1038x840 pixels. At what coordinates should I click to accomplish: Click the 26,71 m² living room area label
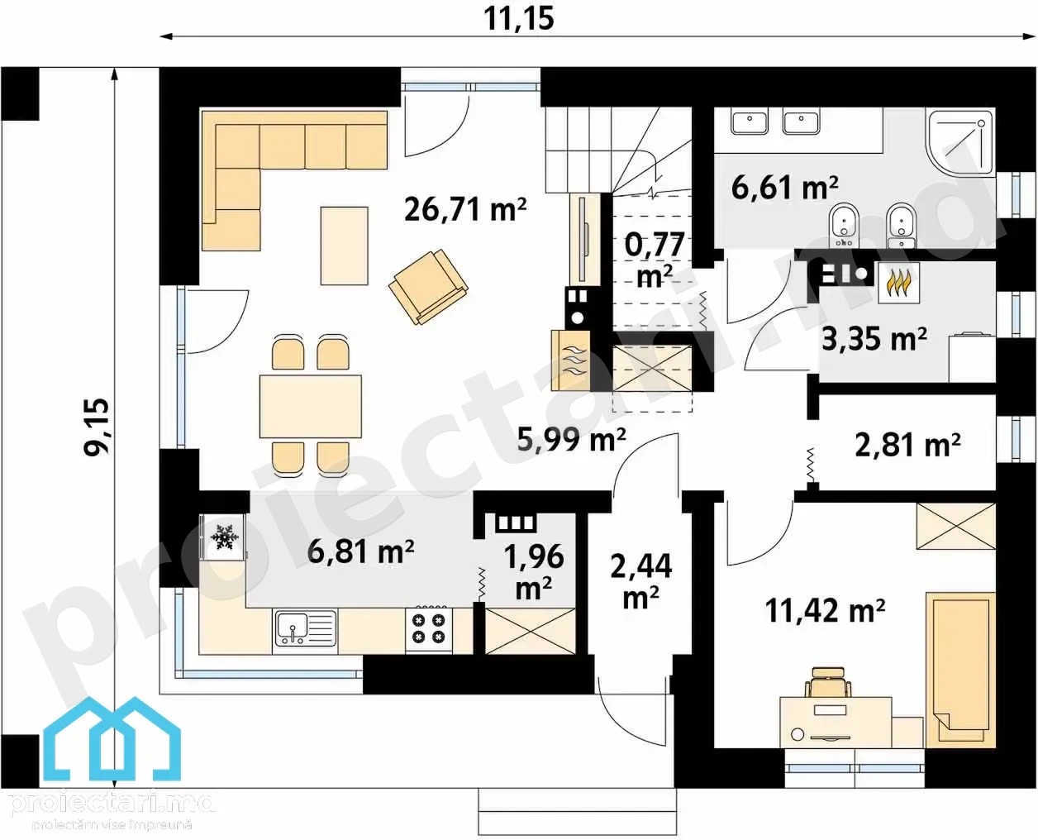[465, 210]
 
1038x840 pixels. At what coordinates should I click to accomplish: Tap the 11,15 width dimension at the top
[518, 19]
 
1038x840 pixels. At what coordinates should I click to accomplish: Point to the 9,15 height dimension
[96, 427]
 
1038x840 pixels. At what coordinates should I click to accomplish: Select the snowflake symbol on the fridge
[224, 537]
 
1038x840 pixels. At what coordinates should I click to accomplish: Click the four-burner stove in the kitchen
[429, 628]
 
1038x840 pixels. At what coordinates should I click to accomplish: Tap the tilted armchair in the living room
[428, 286]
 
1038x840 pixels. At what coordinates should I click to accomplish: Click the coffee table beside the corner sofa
[344, 246]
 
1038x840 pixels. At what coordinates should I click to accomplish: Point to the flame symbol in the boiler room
[899, 284]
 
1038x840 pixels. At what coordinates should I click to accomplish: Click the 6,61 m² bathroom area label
[784, 188]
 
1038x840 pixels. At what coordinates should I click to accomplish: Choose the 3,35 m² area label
[874, 339]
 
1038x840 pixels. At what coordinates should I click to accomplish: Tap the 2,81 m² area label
[907, 445]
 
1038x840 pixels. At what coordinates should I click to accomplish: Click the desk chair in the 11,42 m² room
[827, 684]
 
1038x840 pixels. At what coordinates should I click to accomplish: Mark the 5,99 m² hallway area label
[571, 439]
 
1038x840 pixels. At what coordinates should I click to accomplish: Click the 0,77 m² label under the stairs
[655, 260]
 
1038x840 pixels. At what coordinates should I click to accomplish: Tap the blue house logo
[112, 740]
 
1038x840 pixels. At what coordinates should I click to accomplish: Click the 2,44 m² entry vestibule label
[640, 581]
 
